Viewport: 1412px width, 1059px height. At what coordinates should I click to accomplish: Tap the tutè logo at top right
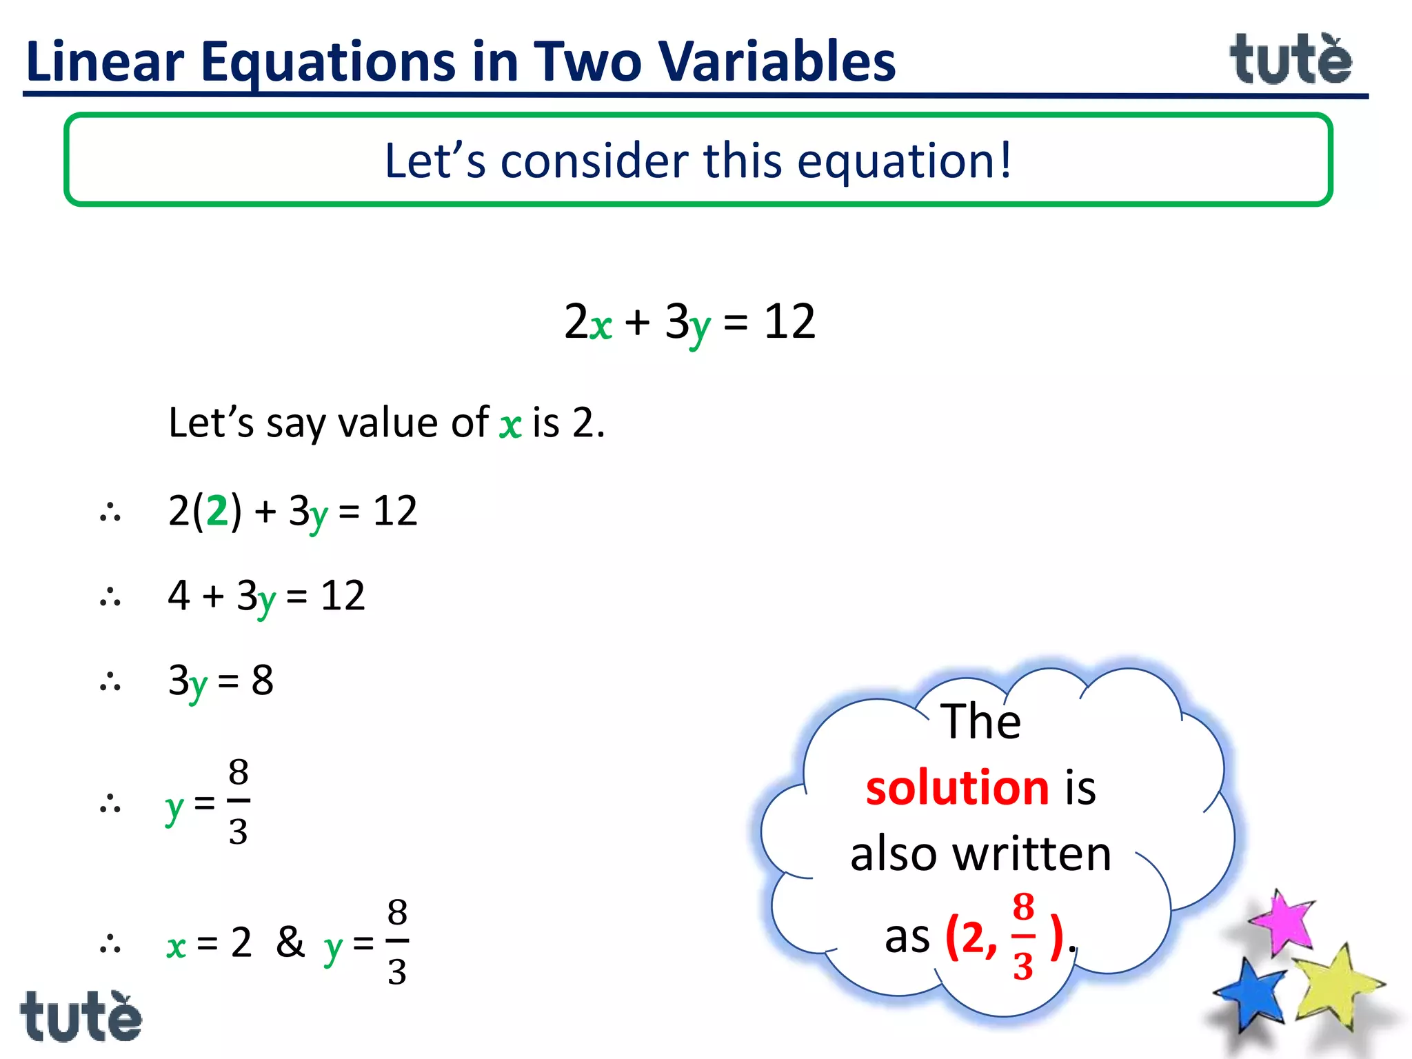1291,60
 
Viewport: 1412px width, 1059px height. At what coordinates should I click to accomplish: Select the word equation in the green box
896,161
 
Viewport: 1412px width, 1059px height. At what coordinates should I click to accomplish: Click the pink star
1282,922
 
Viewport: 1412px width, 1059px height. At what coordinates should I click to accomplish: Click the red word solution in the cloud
957,788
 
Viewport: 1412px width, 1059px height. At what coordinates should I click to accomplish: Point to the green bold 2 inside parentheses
217,511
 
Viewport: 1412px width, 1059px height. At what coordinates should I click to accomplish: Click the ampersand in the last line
290,942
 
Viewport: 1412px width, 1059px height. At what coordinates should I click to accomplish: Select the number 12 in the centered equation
790,321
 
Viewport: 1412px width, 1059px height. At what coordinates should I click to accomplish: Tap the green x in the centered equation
601,325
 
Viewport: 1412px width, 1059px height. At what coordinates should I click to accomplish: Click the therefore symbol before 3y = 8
110,683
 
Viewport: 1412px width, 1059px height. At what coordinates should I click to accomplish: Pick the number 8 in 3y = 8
262,681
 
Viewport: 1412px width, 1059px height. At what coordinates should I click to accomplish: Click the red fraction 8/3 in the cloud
1023,936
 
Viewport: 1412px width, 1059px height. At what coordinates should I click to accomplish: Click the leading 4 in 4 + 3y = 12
179,595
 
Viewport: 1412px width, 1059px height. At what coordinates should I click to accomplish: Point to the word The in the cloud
980,721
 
